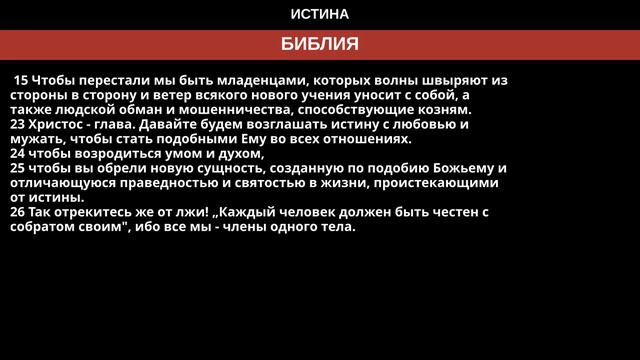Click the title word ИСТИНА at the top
click(x=320, y=15)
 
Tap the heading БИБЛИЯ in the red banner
click(x=320, y=45)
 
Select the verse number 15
click(x=20, y=80)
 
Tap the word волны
click(x=392, y=80)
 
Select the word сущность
click(x=210, y=169)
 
